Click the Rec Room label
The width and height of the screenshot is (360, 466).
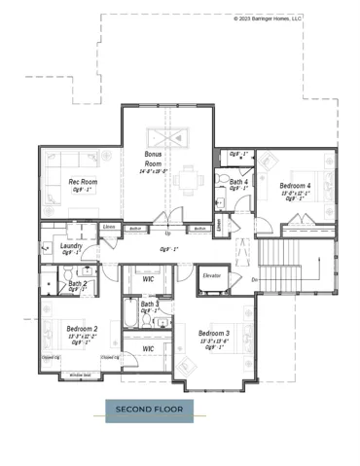coord(83,182)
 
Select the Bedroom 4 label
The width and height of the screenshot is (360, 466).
coord(295,185)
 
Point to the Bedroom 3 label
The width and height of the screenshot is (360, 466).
coord(213,335)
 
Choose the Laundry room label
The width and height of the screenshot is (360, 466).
coord(71,246)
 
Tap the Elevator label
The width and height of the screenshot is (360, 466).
coord(212,275)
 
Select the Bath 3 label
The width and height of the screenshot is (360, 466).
coord(150,305)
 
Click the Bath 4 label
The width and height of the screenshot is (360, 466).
coord(238,182)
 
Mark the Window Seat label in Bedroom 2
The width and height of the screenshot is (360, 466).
coord(80,375)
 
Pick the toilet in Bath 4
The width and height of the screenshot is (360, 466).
coord(221,200)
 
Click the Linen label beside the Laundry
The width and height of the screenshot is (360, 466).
coord(109,228)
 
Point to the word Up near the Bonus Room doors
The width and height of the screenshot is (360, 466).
coord(167,233)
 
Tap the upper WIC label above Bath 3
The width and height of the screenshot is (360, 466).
coord(148,281)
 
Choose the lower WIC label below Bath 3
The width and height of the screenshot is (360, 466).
coord(148,348)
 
